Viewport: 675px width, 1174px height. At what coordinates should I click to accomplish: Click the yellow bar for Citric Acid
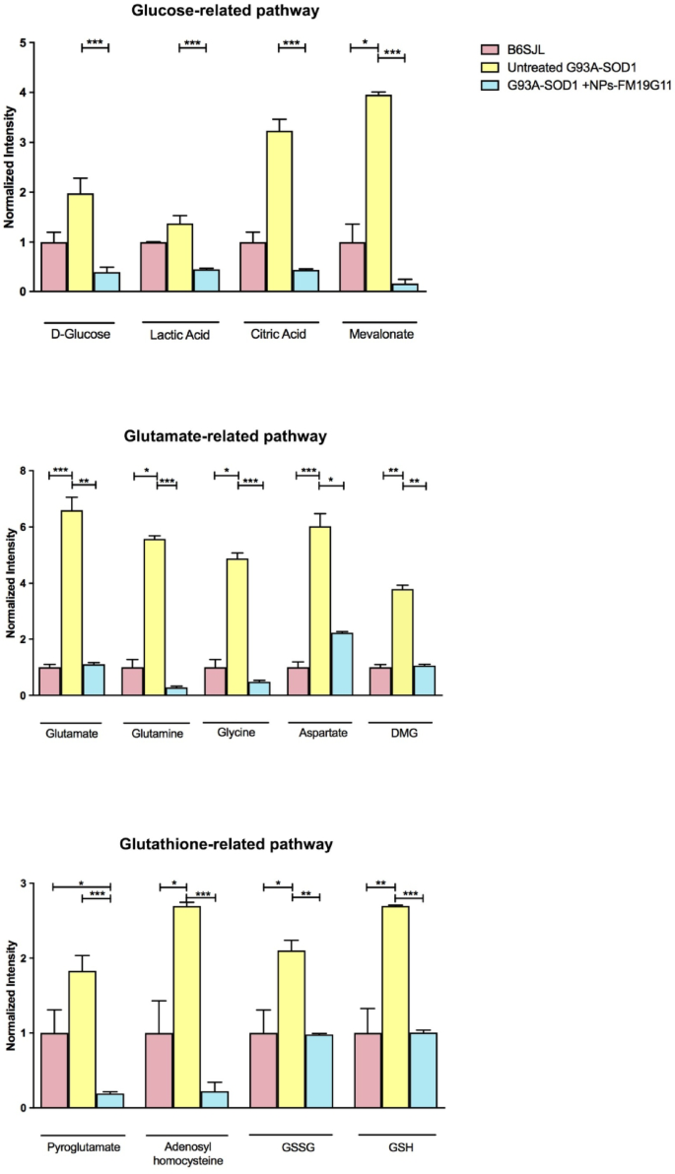pyautogui.click(x=279, y=211)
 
